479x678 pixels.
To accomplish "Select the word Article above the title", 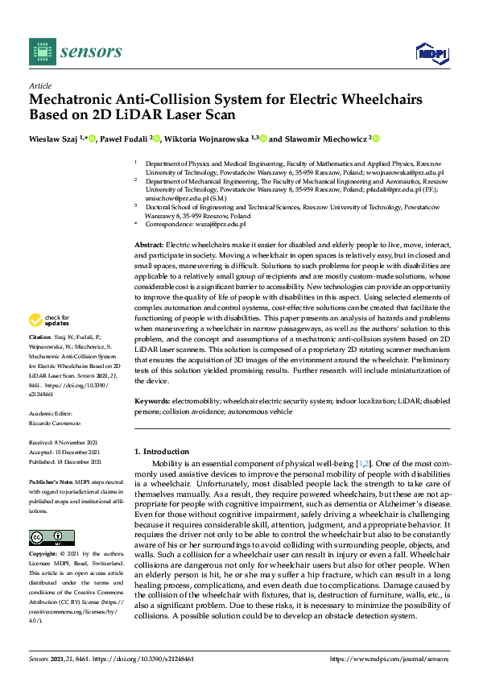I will [39, 85].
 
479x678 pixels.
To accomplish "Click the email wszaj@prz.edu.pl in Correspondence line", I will [209, 225].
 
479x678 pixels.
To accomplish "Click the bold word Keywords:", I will [152, 400].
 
